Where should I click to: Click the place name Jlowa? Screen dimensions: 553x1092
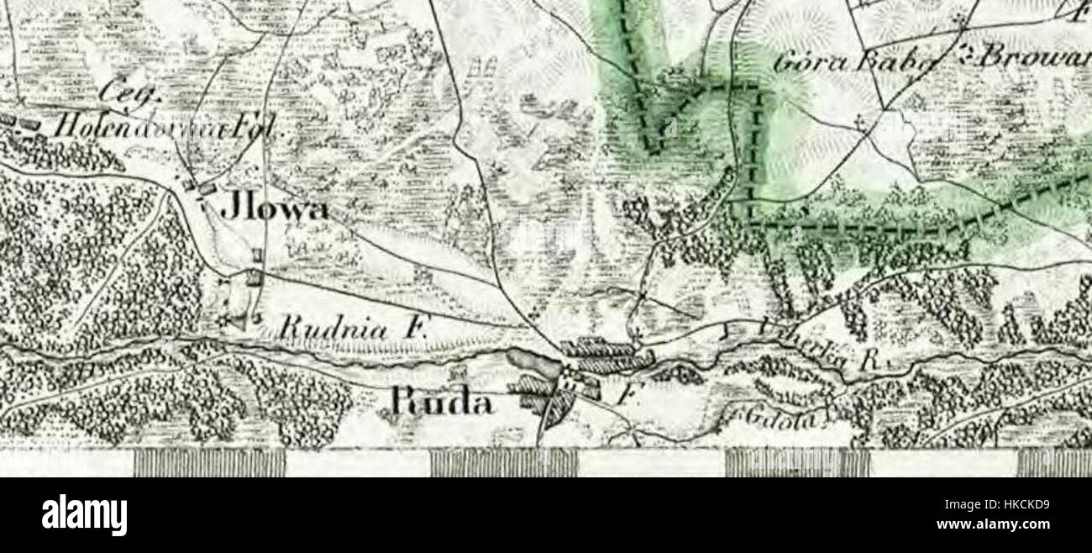(x=274, y=208)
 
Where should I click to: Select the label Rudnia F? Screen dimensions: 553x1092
(x=353, y=329)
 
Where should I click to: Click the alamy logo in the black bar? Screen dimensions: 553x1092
(x=84, y=513)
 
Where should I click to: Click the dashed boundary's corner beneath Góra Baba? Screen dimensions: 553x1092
(x=750, y=224)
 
